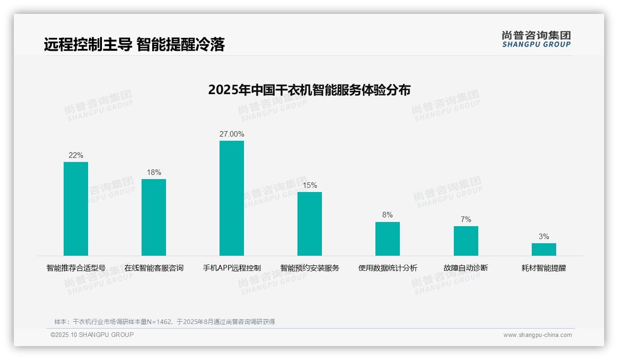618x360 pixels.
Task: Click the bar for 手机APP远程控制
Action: (x=232, y=198)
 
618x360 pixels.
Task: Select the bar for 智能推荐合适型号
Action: (x=76, y=209)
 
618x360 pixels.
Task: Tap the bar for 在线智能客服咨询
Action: (x=154, y=217)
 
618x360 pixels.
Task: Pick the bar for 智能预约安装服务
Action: (x=309, y=224)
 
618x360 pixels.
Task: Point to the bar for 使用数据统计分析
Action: (x=387, y=239)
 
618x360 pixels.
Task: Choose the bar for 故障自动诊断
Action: (x=466, y=241)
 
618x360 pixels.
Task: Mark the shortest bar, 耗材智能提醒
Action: (x=544, y=249)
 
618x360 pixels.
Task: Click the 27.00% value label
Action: (x=232, y=134)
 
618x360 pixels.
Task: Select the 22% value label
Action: (x=76, y=156)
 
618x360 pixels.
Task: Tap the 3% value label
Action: (x=544, y=236)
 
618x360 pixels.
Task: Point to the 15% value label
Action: (x=309, y=185)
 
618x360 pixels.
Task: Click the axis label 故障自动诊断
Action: (x=466, y=268)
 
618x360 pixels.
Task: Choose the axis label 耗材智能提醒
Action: (x=544, y=268)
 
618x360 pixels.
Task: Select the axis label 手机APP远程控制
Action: (x=232, y=268)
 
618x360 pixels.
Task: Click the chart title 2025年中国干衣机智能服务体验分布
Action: (x=309, y=90)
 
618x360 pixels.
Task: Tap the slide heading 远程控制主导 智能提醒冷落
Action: (x=134, y=44)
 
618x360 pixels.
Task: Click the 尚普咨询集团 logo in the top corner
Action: (x=536, y=39)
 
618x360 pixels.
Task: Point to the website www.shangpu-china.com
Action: (x=537, y=335)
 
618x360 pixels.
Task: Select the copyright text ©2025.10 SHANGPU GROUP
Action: (x=92, y=335)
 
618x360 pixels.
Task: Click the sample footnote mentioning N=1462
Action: (x=164, y=322)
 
